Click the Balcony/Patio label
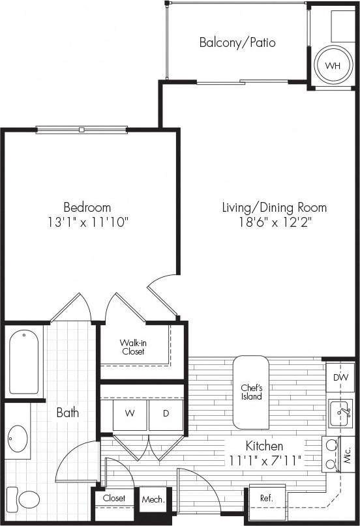coord(237,43)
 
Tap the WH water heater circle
coord(333,66)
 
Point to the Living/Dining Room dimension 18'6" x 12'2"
coord(274,222)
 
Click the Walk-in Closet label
coord(133,347)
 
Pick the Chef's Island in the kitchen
coord(251,392)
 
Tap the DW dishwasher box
coord(340,377)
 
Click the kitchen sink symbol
coord(340,413)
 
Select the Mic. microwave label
coord(348,452)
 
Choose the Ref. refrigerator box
coord(266,498)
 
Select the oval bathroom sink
coord(18,439)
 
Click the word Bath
coord(67,413)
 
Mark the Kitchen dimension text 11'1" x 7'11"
coord(264,461)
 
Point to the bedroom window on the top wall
coord(82,130)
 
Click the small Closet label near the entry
coord(114,498)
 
